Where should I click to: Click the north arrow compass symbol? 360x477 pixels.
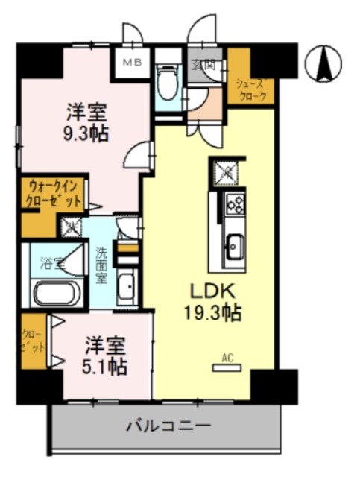tap(326, 64)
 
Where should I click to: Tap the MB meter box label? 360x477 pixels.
tap(133, 62)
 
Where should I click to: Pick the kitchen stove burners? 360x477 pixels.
tap(236, 203)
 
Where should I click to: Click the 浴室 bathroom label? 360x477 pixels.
tap(51, 262)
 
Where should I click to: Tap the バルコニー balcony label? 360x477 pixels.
tap(167, 427)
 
